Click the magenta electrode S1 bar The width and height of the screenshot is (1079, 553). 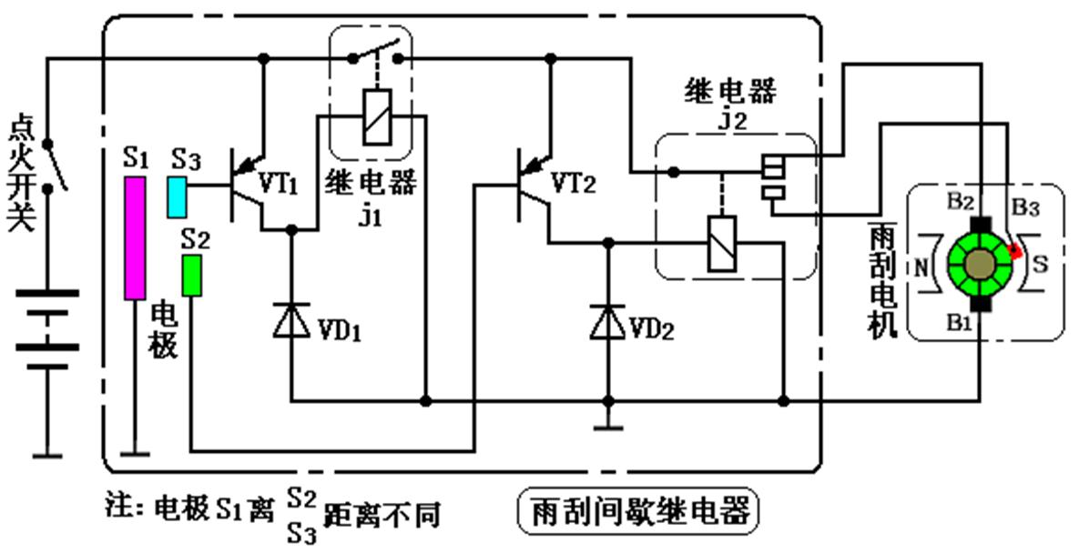coord(135,238)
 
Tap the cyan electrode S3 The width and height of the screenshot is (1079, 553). coord(177,196)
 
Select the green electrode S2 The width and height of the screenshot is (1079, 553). coord(191,276)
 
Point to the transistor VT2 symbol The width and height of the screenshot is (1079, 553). coord(534,186)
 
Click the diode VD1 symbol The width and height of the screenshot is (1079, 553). coord(291,323)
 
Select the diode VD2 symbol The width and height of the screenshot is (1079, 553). coord(607,323)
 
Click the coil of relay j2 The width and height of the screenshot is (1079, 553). coord(721,244)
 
